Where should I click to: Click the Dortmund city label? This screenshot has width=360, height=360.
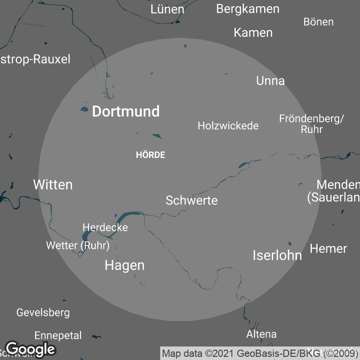(x=126, y=112)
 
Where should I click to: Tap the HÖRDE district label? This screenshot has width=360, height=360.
(x=150, y=155)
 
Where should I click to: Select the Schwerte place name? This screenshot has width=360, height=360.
(x=191, y=200)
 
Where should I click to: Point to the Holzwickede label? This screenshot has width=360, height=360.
(x=228, y=126)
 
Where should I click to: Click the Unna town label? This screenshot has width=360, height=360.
(x=270, y=81)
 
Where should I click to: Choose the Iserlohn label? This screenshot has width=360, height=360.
(x=277, y=256)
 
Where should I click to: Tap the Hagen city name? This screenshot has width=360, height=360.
(x=124, y=265)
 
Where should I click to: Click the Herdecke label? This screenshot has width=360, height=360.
(x=105, y=228)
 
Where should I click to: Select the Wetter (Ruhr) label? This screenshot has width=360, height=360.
(x=77, y=246)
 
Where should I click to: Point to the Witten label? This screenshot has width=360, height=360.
(x=53, y=184)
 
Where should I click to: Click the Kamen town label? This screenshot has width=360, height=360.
(x=253, y=32)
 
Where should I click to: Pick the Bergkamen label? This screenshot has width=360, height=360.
(x=247, y=9)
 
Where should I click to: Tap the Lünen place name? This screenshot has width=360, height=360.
(x=167, y=9)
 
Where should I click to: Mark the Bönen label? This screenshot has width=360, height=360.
(x=318, y=22)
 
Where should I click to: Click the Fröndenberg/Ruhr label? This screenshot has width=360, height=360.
(x=311, y=124)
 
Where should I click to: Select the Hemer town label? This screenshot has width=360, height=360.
(x=328, y=248)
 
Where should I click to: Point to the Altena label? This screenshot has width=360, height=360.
(x=261, y=334)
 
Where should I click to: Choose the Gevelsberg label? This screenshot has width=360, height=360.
(x=43, y=312)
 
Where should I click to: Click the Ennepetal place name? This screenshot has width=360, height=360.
(x=58, y=336)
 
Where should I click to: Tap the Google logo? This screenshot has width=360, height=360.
(x=30, y=349)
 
